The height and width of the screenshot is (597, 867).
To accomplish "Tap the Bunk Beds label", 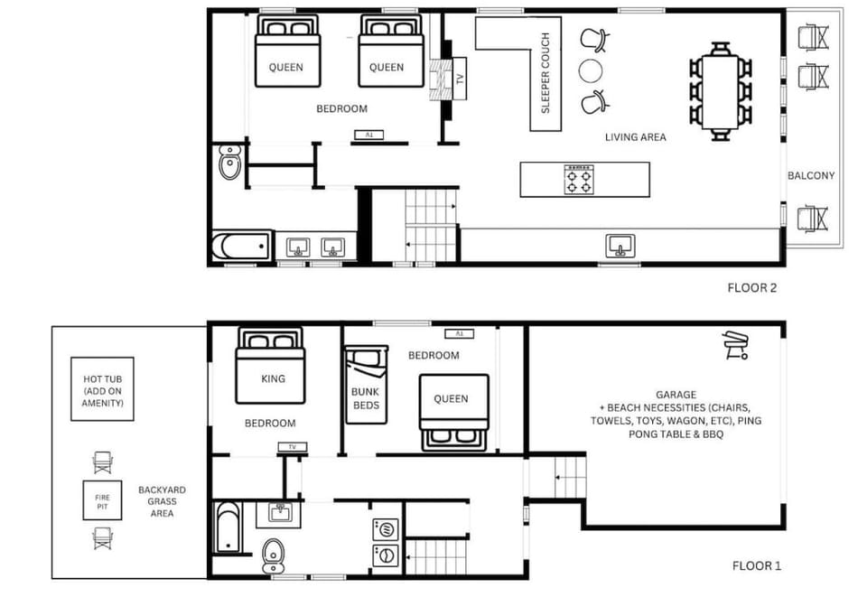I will [x=365, y=398].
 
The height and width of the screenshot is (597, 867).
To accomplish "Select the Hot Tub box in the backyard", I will [x=102, y=388].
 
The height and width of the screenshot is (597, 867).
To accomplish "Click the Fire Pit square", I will [x=102, y=502].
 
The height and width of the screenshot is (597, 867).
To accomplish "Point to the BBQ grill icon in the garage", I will [x=735, y=346].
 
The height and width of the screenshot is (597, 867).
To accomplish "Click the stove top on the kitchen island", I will [x=577, y=181].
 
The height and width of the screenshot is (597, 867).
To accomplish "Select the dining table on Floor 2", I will [x=720, y=91].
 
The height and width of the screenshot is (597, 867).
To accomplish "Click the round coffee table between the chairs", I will [x=591, y=70].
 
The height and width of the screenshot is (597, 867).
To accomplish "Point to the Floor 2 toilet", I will [x=229, y=163].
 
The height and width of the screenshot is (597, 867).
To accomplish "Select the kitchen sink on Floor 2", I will [x=620, y=244].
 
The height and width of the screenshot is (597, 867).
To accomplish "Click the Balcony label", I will [x=810, y=175].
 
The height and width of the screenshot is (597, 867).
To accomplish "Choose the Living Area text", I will [x=635, y=137].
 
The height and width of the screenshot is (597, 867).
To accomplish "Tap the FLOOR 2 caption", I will [x=752, y=288].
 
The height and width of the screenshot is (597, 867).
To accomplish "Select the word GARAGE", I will [x=676, y=395].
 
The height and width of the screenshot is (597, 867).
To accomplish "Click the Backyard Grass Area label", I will [x=157, y=501].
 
